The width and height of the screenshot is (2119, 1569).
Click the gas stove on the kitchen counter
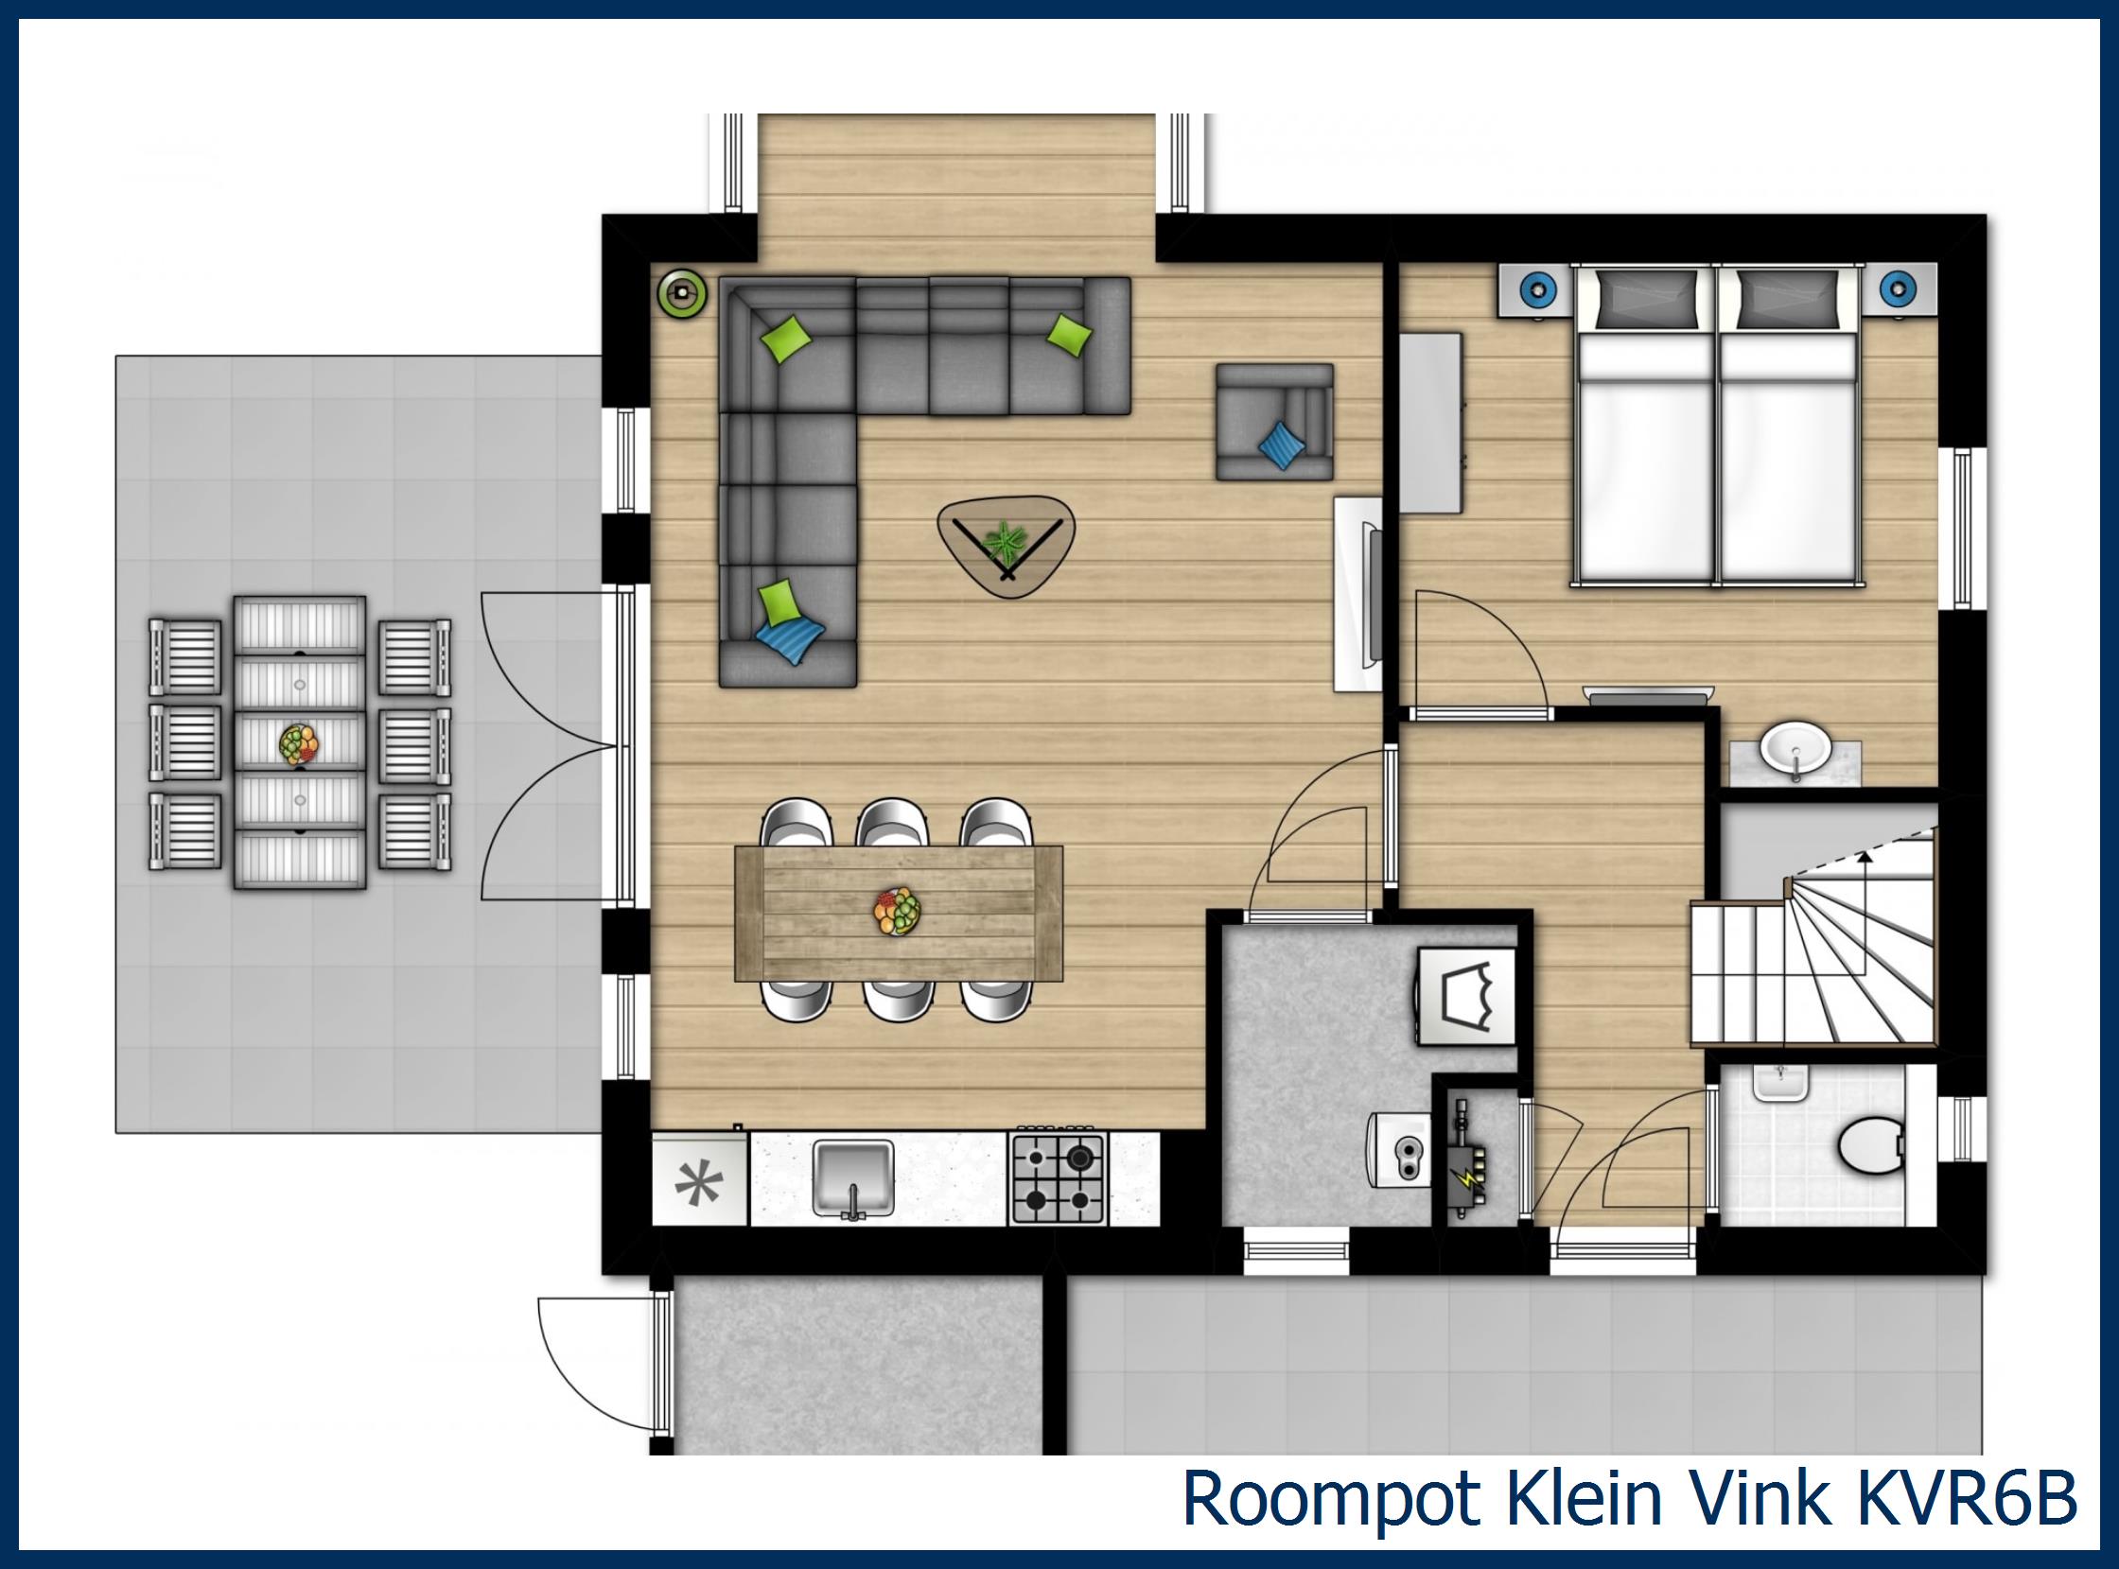[1058, 1177]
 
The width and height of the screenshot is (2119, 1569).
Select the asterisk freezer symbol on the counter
[699, 1183]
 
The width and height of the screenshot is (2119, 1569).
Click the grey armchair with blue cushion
[1274, 422]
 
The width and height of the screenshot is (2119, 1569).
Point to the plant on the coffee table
[1005, 543]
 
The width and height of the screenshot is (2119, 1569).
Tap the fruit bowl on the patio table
[299, 744]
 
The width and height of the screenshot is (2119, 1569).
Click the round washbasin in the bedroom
[1795, 749]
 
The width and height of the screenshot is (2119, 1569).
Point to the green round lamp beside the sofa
[682, 291]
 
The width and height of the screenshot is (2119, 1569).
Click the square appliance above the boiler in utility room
[1467, 996]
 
